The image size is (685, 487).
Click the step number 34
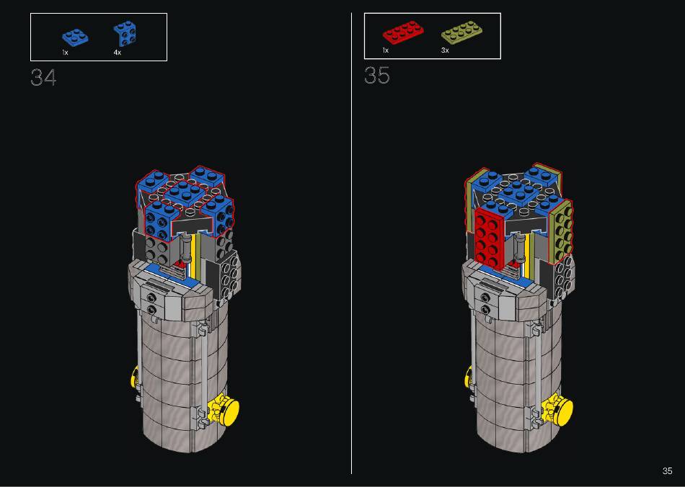(x=43, y=78)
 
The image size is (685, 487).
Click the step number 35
(x=377, y=76)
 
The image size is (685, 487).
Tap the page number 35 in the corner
(x=667, y=471)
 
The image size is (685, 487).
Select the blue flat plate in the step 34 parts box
(x=75, y=37)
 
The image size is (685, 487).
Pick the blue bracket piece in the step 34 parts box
(x=125, y=33)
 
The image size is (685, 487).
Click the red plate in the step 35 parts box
(x=403, y=32)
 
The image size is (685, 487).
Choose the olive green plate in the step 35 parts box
(x=461, y=32)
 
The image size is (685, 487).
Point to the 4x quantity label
(x=117, y=53)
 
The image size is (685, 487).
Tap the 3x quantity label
(x=445, y=50)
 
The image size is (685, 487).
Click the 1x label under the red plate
(x=385, y=50)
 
